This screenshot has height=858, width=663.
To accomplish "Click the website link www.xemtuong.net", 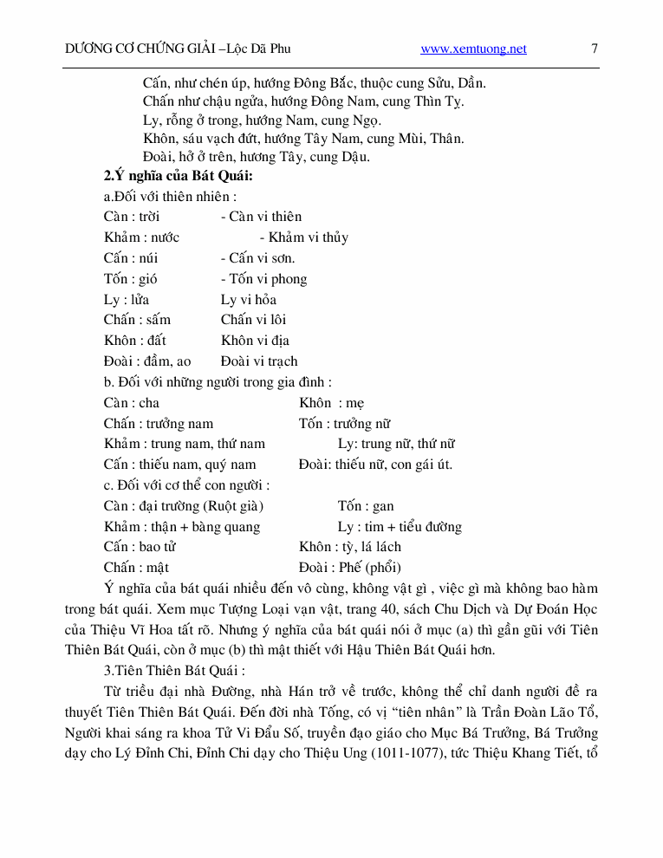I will tap(473, 49).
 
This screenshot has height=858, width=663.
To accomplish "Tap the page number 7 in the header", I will tap(595, 49).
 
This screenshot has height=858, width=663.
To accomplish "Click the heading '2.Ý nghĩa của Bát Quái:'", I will tap(178, 176).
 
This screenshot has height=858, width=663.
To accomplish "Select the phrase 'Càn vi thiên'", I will tap(262, 217).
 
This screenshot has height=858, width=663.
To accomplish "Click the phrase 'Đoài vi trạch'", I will tap(259, 361).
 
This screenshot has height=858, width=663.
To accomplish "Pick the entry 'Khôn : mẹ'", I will tap(332, 403).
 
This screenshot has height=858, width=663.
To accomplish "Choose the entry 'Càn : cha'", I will tap(132, 403).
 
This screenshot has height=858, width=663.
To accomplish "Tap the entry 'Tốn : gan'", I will tap(366, 506).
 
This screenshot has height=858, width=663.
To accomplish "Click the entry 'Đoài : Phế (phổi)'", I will tap(350, 568).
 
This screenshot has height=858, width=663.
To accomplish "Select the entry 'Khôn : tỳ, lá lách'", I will tap(350, 547).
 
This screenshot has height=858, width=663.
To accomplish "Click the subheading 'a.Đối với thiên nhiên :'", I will tap(170, 197).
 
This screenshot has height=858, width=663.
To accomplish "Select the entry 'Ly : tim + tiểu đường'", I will tap(400, 527).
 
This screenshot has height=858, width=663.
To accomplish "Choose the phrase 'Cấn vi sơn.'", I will tap(258, 258).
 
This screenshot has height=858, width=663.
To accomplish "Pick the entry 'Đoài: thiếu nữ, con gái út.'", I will tap(375, 465).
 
